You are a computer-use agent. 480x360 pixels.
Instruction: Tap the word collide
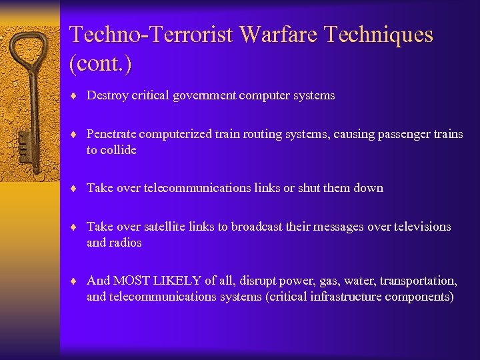[119, 150]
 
